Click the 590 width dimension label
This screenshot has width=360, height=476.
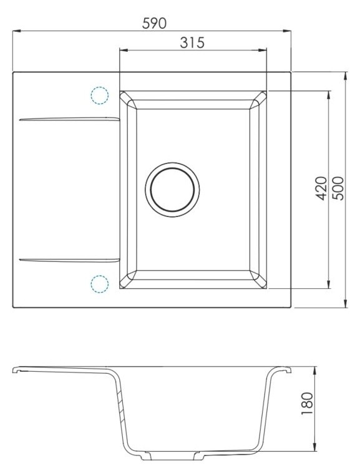pyautogui.click(x=154, y=23)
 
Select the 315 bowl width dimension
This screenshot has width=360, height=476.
pyautogui.click(x=192, y=42)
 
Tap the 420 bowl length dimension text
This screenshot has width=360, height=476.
pyautogui.click(x=321, y=188)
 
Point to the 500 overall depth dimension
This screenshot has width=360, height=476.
pyautogui.click(x=338, y=188)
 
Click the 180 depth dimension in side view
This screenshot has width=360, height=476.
pyautogui.click(x=306, y=404)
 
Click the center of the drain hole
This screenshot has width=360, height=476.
pyautogui.click(x=172, y=190)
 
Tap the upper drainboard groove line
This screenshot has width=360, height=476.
pyautogui.click(x=69, y=119)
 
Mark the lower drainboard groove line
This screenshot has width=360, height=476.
pyautogui.click(x=69, y=260)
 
